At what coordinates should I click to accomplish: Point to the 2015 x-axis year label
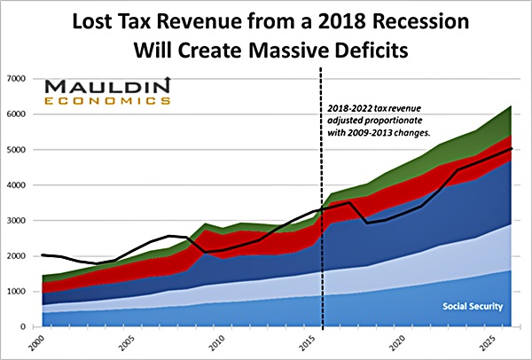pyautogui.click(x=301, y=342)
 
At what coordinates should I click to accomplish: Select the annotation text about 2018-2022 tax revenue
pyautogui.click(x=381, y=120)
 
